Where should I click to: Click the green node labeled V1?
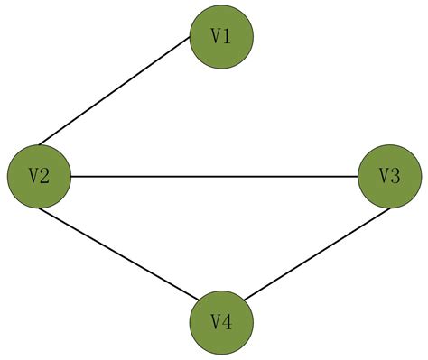[221, 36]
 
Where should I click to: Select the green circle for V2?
[39, 176]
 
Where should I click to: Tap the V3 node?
[389, 176]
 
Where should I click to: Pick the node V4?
[221, 321]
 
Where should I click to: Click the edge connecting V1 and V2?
[114, 92]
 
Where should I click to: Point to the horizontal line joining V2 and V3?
[214, 176]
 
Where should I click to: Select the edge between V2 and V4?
[117, 254]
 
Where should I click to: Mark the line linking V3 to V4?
[316, 256]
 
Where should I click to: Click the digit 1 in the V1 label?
[227, 36]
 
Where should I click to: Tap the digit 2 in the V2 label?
[44, 176]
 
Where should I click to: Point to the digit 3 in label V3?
[395, 176]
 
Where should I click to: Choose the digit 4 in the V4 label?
[227, 321]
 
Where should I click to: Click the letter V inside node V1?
[216, 36]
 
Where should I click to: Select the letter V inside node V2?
[33, 176]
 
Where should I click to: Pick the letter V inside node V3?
[384, 176]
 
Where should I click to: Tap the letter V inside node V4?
[216, 321]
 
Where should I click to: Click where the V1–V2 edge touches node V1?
[191, 42]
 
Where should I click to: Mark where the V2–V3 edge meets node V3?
[358, 176]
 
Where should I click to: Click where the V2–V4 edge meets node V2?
[40, 208]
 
